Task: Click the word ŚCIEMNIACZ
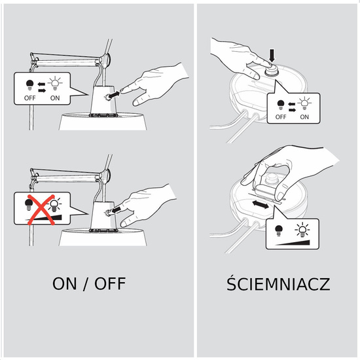278,284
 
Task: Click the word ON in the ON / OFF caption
65,284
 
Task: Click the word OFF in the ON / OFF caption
110,284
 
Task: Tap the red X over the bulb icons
41,209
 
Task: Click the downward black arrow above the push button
272,56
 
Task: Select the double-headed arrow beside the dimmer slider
261,204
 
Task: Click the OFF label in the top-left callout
30,98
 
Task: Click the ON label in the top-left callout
55,98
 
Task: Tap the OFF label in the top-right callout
281,117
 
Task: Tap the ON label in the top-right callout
304,117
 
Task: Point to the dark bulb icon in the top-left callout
29,85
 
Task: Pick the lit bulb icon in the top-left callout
55,83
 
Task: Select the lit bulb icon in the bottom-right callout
302,230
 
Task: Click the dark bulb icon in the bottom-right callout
278,230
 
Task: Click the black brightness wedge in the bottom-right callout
293,243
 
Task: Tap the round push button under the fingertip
272,70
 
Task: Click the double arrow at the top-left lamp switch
113,95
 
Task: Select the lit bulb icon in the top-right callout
304,103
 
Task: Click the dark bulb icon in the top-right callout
281,105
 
